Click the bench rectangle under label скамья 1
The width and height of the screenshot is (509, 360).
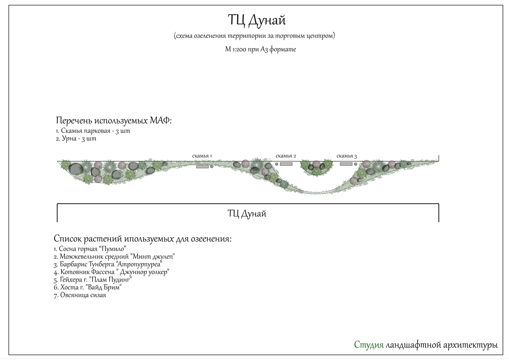click(202, 166)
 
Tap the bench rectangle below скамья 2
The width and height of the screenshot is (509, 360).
click(286, 164)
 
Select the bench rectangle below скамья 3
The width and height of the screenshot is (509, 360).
click(346, 164)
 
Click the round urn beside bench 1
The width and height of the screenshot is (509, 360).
click(212, 166)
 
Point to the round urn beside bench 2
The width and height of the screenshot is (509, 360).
click(277, 164)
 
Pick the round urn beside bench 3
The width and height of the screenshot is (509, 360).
click(356, 164)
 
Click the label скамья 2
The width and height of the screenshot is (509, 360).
click(286, 156)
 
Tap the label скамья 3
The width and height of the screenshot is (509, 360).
click(346, 156)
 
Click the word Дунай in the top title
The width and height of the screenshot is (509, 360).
click(267, 20)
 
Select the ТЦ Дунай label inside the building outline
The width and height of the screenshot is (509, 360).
click(247, 214)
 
